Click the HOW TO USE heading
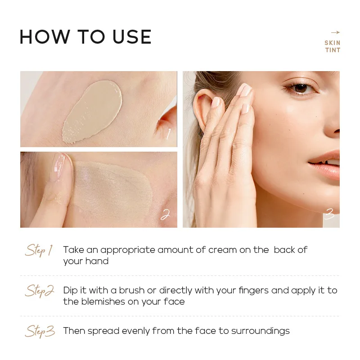tap(85, 37)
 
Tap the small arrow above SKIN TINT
tap(335, 32)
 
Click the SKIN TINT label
tap(333, 46)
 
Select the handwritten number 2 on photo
tap(165, 215)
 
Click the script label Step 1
tap(39, 250)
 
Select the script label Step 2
tap(39, 291)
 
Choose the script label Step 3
tap(40, 332)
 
